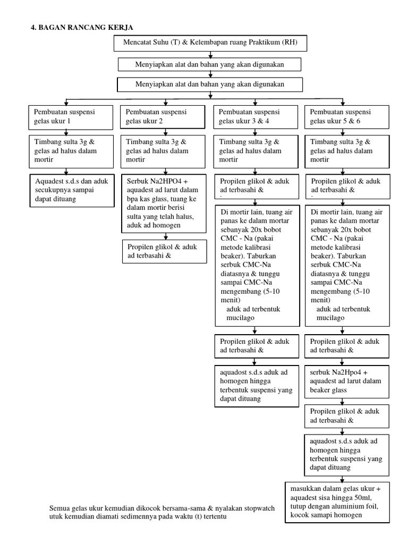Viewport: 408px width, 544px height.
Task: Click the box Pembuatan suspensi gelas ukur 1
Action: [71, 117]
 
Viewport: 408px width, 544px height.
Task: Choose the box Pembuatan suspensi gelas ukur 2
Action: [163, 117]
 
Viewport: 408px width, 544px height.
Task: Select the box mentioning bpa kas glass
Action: [163, 203]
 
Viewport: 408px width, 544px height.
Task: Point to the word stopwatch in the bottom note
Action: [257, 508]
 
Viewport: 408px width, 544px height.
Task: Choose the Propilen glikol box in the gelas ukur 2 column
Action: [163, 251]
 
